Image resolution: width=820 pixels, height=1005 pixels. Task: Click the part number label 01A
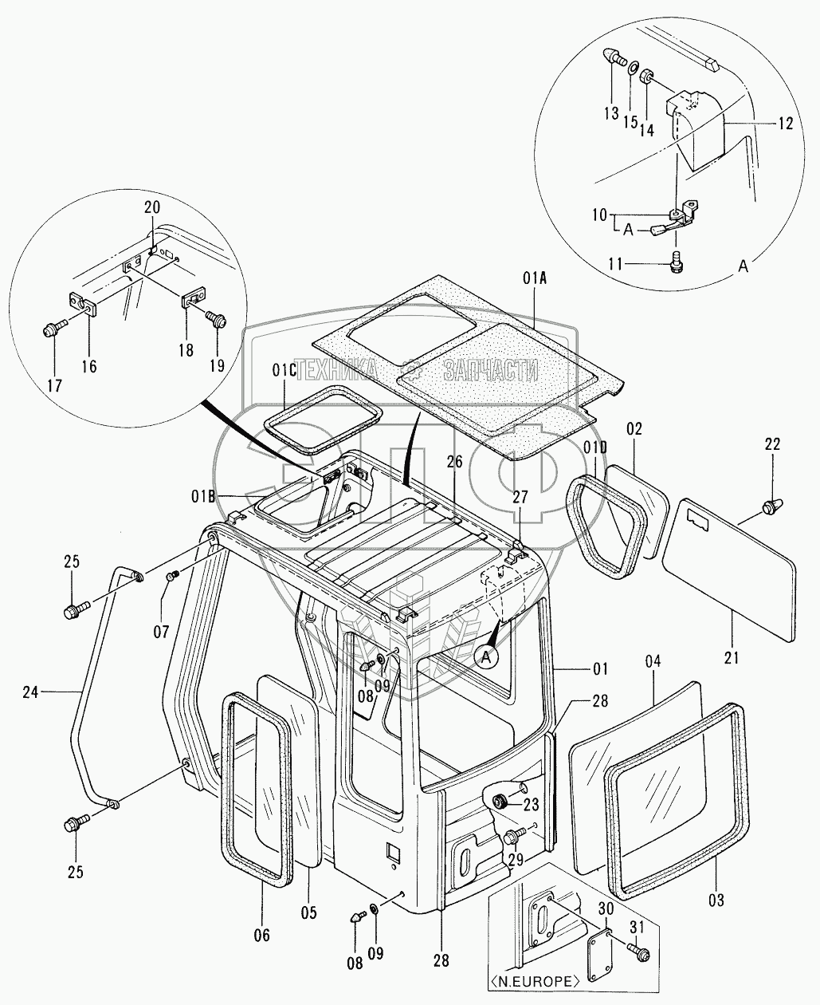[534, 278]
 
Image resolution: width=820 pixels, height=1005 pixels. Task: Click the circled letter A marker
[488, 656]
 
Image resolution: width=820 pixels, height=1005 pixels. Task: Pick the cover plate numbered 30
[598, 948]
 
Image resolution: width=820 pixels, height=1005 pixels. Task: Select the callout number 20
[152, 207]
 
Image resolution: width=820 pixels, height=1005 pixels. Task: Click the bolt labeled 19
[215, 319]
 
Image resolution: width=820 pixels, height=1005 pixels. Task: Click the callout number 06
[261, 935]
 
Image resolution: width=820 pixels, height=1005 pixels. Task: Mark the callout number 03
[716, 901]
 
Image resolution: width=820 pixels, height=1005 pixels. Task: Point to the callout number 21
[732, 658]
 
